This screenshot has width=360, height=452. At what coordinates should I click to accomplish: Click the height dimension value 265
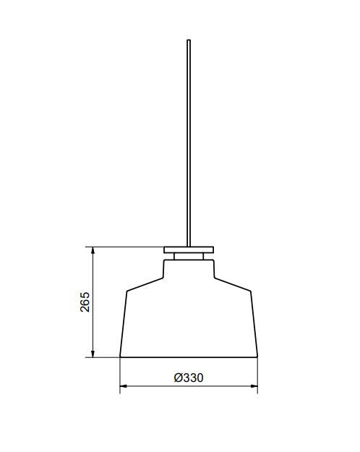pos(85,302)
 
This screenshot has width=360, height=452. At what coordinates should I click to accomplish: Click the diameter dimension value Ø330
pos(189,378)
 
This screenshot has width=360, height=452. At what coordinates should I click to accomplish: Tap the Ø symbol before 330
pos(178,378)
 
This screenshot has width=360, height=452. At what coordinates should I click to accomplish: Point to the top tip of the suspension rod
pos(189,40)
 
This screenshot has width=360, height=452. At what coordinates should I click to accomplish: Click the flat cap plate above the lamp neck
pos(189,250)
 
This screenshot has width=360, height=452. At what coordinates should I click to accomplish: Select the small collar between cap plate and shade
pos(189,255)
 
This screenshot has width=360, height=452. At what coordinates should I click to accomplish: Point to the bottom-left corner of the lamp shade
pos(120,357)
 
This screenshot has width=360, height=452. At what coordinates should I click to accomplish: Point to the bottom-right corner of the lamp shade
pos(258,357)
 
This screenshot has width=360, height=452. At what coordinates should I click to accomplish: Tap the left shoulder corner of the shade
pos(127,291)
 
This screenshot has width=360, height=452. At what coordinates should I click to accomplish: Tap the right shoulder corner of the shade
pos(251,291)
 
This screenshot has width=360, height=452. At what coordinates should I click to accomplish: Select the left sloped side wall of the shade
pos(124,324)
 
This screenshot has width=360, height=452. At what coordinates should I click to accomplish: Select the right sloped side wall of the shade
pos(254,324)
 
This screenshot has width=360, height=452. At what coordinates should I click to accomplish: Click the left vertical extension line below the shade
pos(120,376)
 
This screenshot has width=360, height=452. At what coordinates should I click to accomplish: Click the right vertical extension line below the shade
pos(258,376)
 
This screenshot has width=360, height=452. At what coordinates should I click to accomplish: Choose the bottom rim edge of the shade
pos(189,357)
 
